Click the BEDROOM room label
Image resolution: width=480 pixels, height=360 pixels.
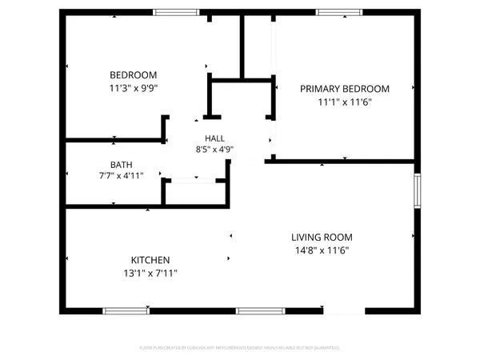coord(133,75)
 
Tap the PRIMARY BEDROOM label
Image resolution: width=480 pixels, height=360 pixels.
coord(344,89)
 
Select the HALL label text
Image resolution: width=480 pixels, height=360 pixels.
coord(214,138)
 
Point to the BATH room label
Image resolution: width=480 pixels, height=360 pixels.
coord(122,165)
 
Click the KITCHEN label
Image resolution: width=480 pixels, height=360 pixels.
coord(150,260)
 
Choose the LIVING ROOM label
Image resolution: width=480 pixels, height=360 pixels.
coord(321,238)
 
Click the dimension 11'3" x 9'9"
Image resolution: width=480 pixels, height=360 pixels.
coord(134,88)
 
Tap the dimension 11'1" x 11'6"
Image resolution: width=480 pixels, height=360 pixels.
coord(344,102)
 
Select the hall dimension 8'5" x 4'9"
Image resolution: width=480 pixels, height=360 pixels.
coord(214,149)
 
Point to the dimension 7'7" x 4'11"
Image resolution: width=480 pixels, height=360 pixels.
coord(122,175)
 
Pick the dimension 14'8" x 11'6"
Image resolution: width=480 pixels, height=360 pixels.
coord(321,250)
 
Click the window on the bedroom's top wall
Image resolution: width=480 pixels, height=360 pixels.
coord(177,12)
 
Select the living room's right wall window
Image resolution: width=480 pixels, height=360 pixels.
coord(416,191)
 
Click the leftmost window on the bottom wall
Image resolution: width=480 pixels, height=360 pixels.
coord(126,310)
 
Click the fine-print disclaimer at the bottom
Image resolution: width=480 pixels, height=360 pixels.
coord(240,348)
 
